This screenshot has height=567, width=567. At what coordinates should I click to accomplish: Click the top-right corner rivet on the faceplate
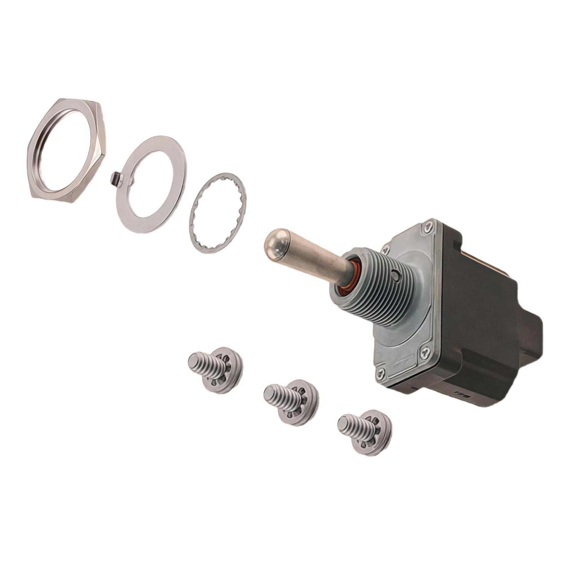[429, 225]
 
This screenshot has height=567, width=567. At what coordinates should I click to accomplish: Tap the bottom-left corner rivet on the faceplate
[380, 372]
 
